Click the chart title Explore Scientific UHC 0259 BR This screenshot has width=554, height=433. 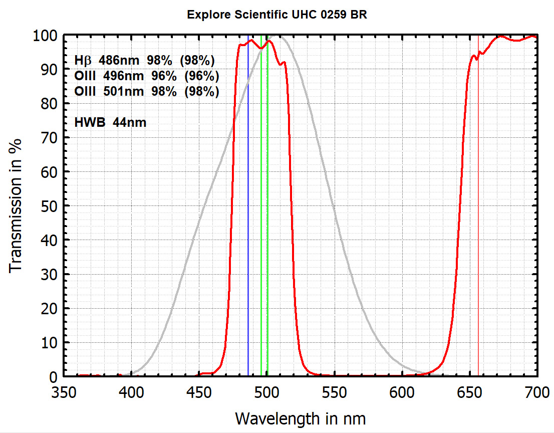(x=277, y=15)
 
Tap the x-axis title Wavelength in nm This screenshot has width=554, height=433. (x=300, y=417)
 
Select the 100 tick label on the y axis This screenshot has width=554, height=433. (x=46, y=36)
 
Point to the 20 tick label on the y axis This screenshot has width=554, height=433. (x=50, y=309)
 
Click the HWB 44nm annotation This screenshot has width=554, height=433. (x=110, y=122)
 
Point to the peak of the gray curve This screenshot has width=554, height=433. (x=281, y=37)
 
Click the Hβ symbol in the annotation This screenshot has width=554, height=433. (x=83, y=61)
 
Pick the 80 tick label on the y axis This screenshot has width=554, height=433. (x=50, y=104)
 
